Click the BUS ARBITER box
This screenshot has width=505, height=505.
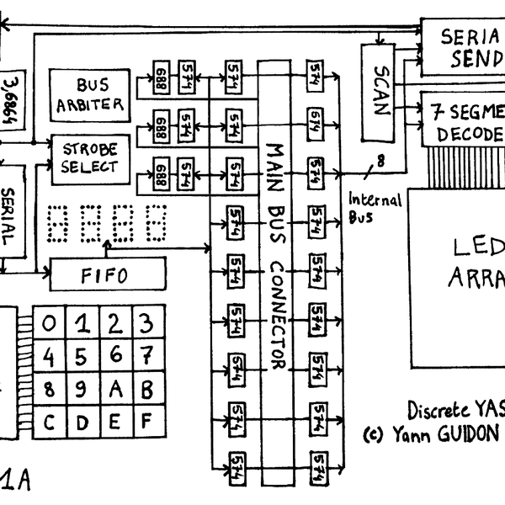89,95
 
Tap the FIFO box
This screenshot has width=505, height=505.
109,273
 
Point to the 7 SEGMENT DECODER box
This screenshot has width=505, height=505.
464,122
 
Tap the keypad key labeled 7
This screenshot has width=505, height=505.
146,356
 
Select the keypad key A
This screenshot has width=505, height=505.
114,388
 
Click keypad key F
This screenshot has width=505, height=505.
146,420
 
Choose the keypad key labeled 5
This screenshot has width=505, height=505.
82,356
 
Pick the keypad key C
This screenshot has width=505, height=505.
50,420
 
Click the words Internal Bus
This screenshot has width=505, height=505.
374,206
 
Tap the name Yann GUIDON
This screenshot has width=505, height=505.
446,435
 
